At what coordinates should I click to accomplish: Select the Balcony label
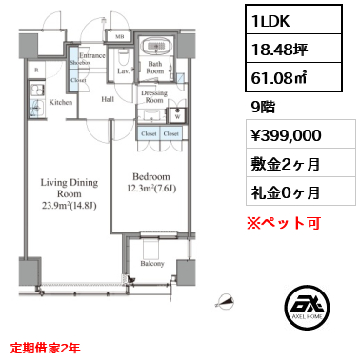point(152,264)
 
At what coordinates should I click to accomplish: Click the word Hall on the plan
point(108,98)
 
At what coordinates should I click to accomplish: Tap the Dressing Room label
point(154,97)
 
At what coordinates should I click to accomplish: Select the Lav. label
point(124,71)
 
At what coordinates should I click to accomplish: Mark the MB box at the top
point(119,36)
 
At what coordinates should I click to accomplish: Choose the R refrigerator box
point(37,70)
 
